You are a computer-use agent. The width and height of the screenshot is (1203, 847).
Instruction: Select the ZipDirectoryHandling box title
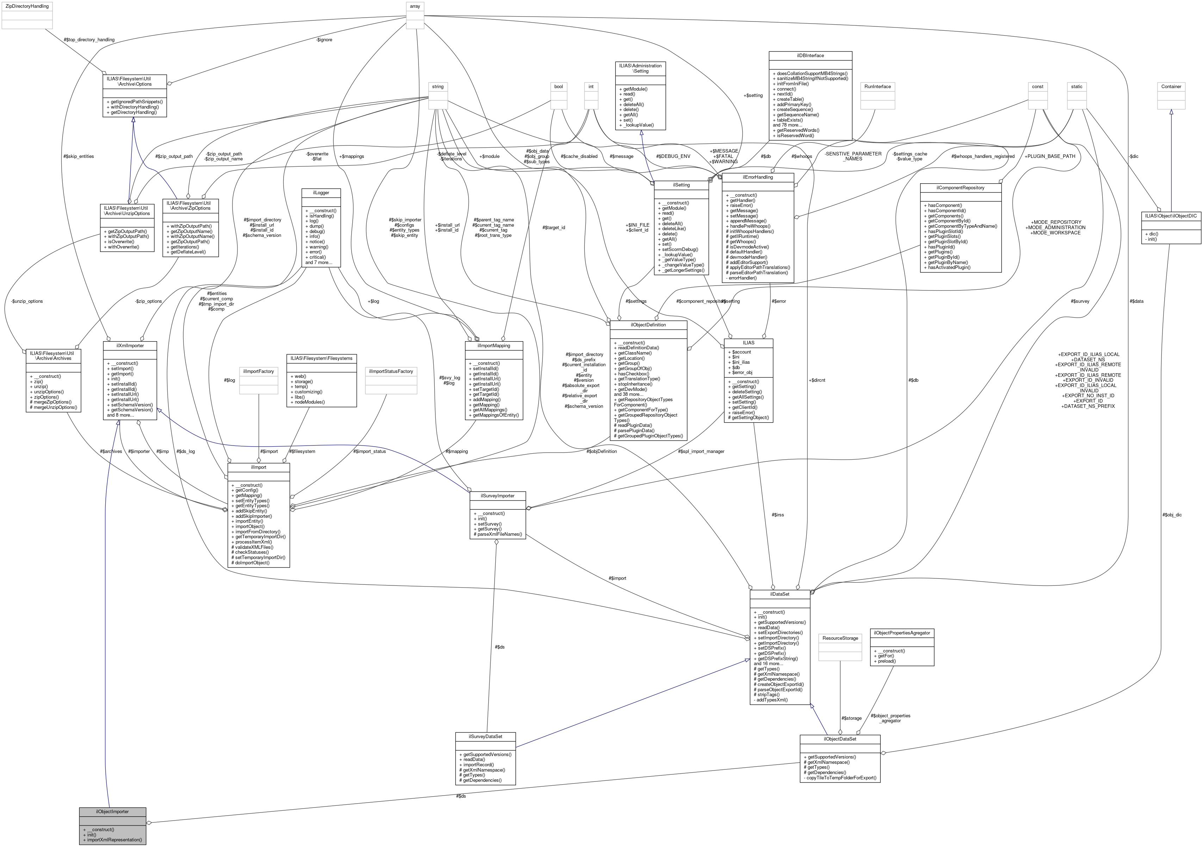(x=26, y=6)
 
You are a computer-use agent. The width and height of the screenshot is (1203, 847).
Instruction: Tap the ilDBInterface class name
(x=810, y=56)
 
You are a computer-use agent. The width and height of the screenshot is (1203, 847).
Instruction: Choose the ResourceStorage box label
(x=840, y=638)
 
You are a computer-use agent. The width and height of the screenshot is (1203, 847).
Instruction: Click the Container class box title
(x=1171, y=86)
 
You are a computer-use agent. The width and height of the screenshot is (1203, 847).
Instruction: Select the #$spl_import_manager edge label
(x=701, y=451)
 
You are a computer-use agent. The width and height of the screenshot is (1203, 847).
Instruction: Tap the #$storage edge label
(x=851, y=718)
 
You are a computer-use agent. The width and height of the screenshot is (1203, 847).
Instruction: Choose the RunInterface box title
(x=878, y=86)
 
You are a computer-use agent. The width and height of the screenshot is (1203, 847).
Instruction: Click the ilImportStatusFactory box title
(x=391, y=371)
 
